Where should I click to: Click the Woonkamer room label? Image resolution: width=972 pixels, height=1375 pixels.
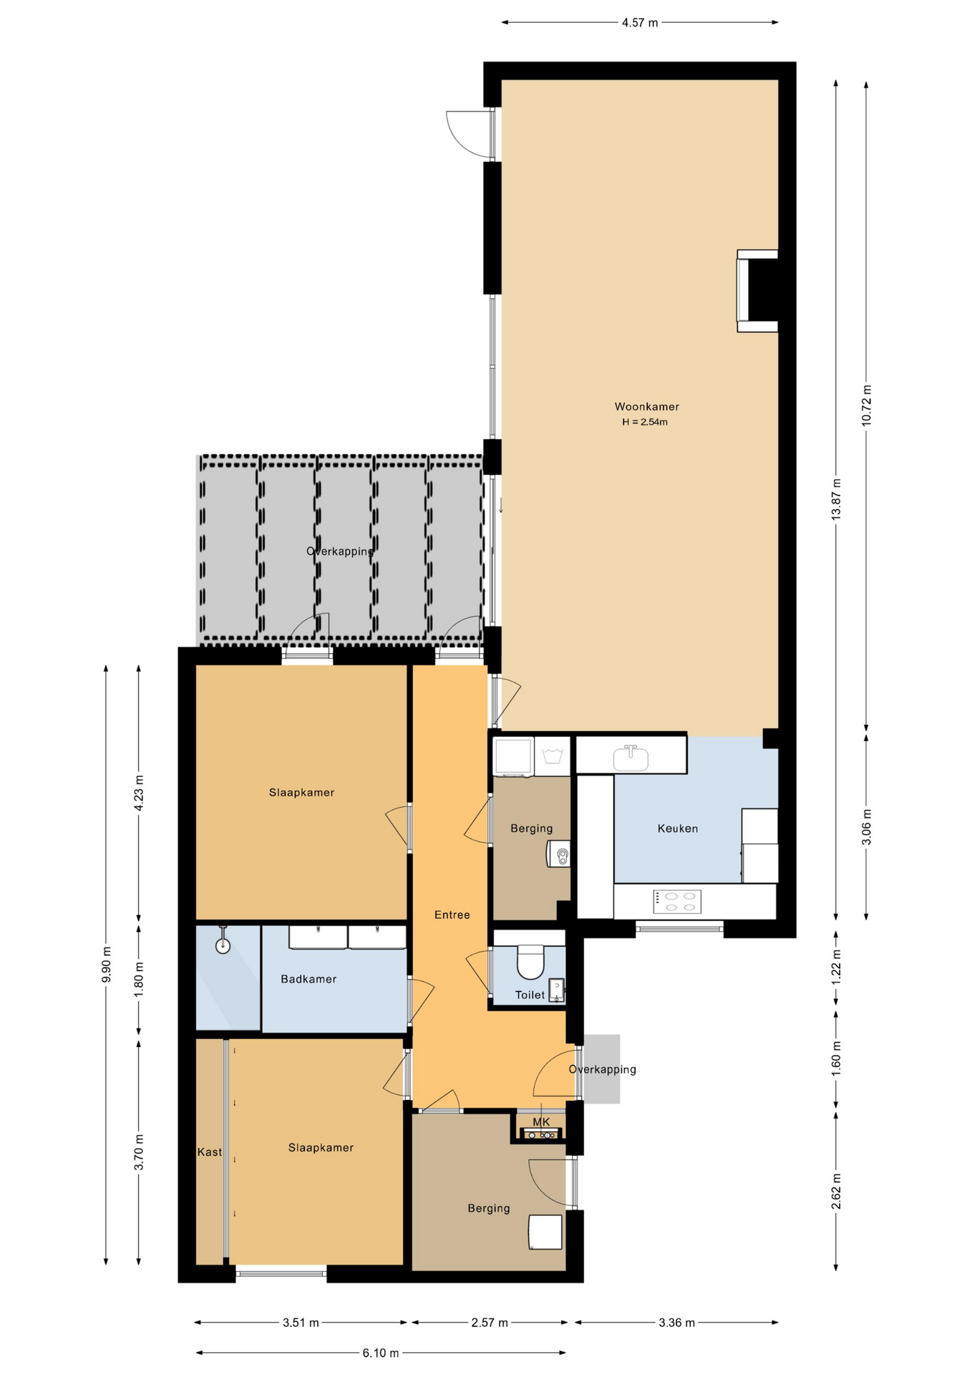click(646, 407)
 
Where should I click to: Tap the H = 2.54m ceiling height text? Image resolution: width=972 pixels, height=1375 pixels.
click(645, 423)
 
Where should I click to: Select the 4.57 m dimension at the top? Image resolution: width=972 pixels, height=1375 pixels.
click(640, 23)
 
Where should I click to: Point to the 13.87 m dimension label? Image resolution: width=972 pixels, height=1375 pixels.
click(836, 499)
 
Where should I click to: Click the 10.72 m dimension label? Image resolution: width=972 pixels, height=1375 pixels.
click(866, 406)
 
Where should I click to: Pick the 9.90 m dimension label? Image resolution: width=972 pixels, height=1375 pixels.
click(107, 965)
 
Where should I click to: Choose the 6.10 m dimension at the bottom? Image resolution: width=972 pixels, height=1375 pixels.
click(381, 1353)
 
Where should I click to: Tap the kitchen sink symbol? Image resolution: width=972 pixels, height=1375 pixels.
click(631, 758)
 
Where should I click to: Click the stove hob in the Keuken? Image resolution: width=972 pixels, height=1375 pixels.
click(677, 902)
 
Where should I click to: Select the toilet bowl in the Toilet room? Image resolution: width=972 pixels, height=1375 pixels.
click(530, 962)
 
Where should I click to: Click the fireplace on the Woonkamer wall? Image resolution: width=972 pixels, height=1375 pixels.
click(757, 291)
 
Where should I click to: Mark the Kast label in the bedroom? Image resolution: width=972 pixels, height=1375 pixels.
click(210, 1152)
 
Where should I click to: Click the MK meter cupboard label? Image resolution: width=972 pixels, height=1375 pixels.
click(541, 1122)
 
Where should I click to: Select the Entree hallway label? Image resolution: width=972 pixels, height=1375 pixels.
click(452, 915)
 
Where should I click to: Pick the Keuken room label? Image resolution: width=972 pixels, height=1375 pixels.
click(678, 829)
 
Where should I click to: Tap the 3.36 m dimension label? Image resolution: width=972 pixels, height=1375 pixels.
click(676, 1323)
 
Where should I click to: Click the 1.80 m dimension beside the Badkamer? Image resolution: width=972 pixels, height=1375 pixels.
click(139, 979)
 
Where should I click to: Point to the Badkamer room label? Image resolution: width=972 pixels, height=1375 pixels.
click(308, 979)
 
